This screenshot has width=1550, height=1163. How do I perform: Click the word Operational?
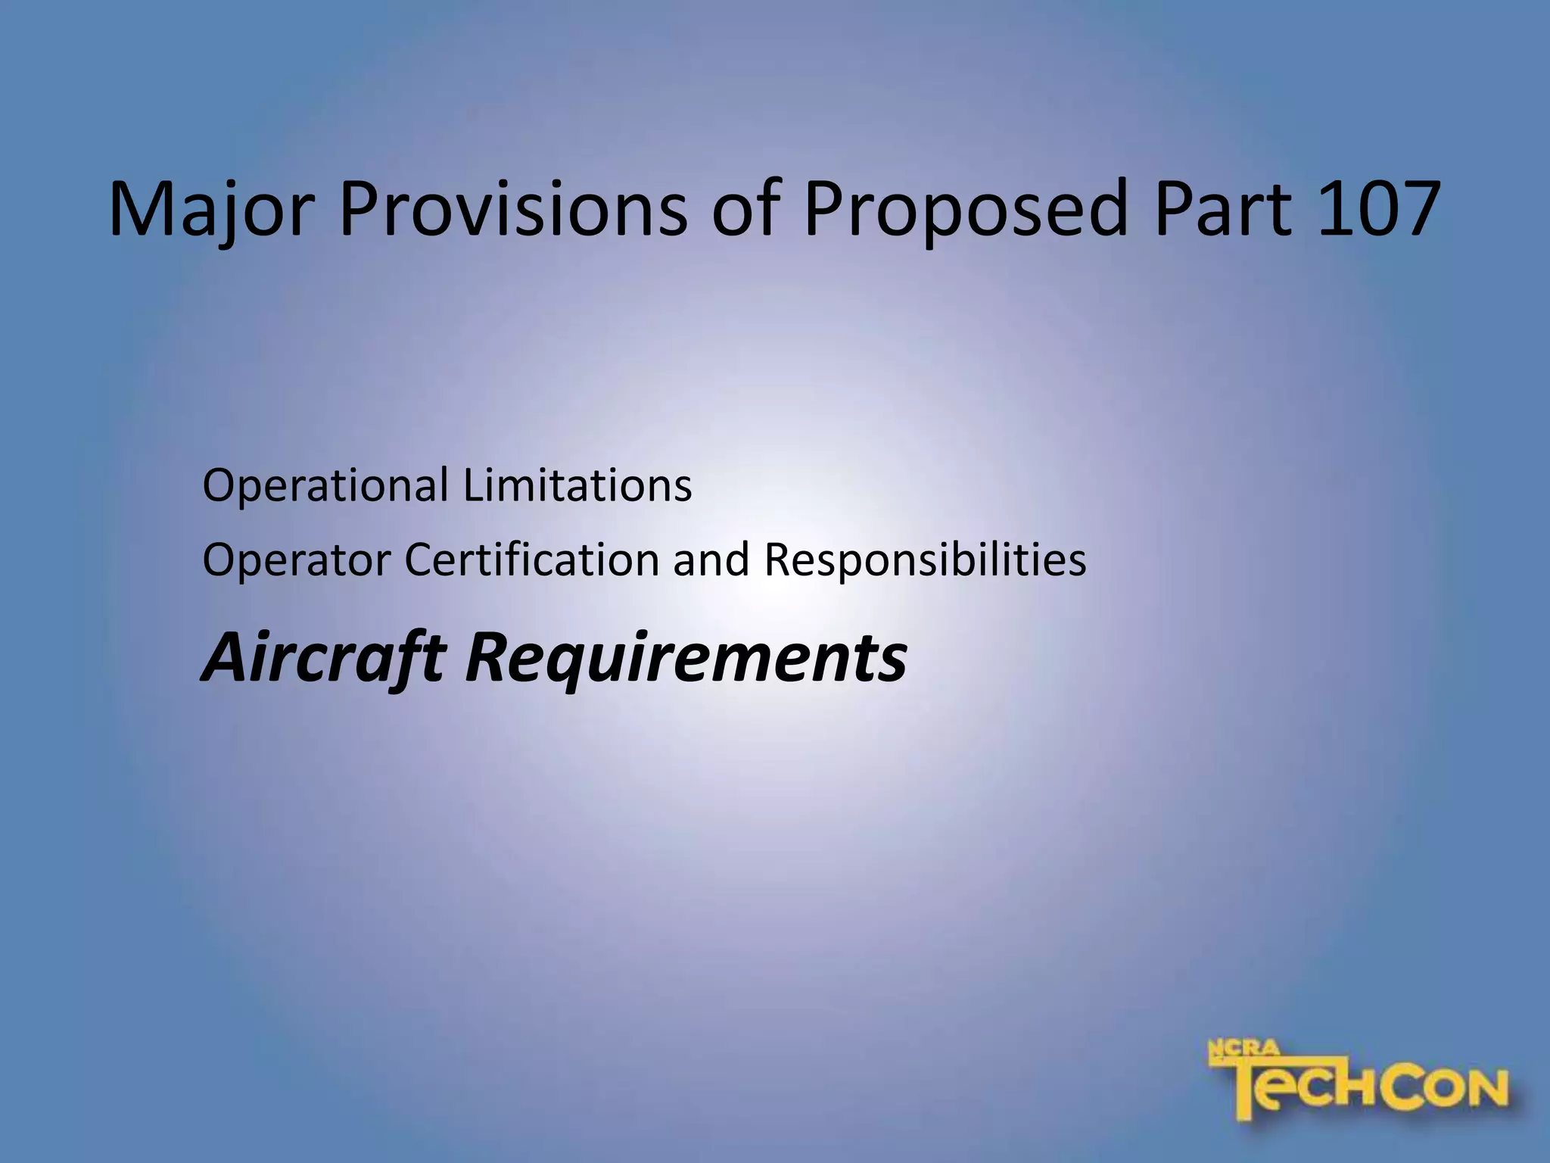(x=325, y=486)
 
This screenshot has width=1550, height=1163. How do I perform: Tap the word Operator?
(x=297, y=560)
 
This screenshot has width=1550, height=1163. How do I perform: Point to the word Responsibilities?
(x=925, y=560)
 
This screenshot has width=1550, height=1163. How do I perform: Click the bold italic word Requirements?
(x=686, y=657)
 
